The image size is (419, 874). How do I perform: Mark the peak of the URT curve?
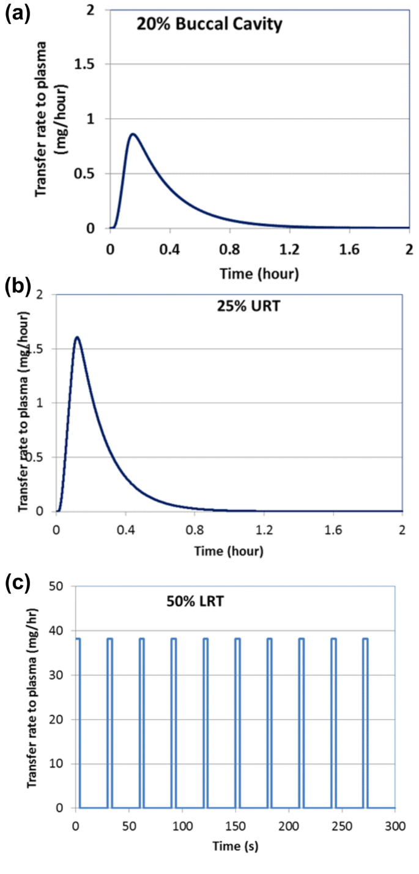pos(77,337)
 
